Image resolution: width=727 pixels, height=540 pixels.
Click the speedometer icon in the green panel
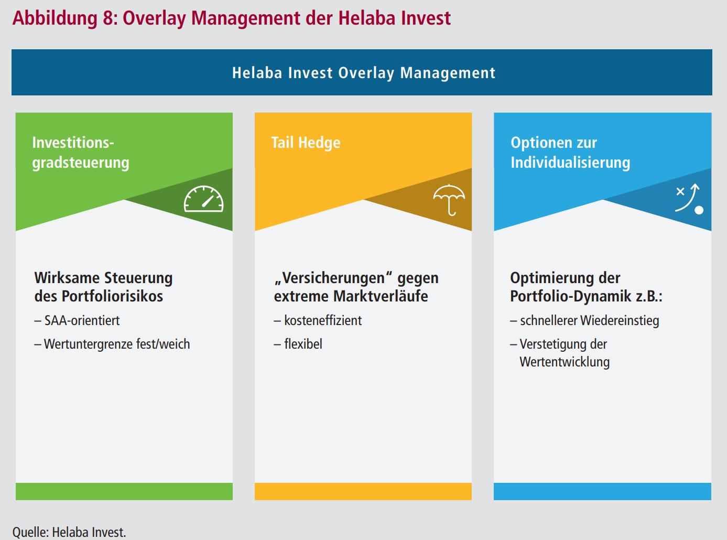point(203,199)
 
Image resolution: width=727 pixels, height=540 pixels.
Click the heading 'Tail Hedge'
point(306,143)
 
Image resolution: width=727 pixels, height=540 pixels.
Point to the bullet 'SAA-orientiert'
point(77,320)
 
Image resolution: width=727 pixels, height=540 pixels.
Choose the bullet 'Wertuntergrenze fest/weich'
point(112,344)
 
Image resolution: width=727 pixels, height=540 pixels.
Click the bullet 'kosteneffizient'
point(318,320)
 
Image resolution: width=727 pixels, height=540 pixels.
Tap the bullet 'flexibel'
point(298,344)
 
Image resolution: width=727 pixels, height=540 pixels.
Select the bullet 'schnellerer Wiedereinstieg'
point(584,321)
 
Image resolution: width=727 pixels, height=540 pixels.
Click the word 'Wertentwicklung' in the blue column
point(565,362)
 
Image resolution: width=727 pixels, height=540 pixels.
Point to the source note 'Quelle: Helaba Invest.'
point(69,532)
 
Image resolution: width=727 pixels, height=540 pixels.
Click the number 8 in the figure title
point(108,18)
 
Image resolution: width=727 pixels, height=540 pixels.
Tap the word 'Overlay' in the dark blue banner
point(366,73)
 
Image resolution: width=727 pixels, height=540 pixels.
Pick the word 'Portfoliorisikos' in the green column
point(112,296)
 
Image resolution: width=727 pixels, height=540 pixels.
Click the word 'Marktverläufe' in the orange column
point(381,296)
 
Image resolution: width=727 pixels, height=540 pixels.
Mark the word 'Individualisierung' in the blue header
point(570,163)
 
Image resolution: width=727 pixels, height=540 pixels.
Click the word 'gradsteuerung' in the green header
point(81,163)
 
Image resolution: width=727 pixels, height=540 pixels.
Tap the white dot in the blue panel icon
point(699,210)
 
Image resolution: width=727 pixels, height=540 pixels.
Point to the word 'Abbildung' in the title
point(55,18)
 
